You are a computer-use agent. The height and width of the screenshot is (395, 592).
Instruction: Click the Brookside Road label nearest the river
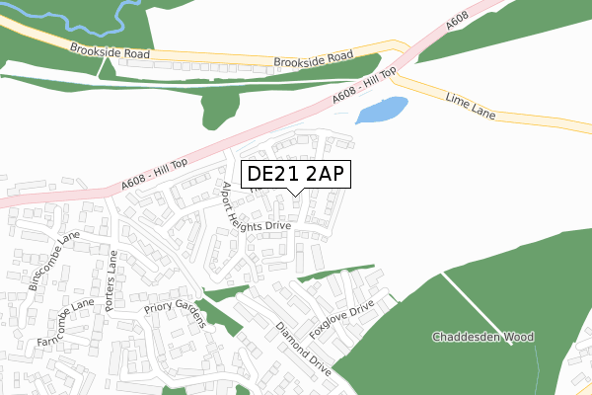109,50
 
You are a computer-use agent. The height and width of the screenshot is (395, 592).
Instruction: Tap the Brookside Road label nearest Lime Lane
314,59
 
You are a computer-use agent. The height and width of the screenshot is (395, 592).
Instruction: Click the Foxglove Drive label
342,319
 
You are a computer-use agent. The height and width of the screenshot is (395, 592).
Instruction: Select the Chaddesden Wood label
483,337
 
